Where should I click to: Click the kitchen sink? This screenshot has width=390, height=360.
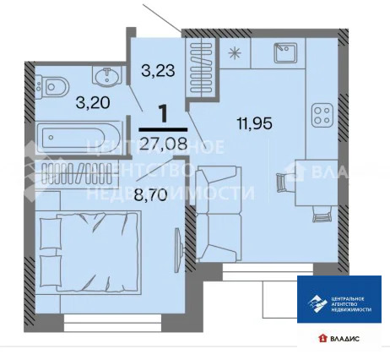coord(283,54)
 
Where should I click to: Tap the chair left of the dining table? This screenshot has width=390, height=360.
coord(284,179)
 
